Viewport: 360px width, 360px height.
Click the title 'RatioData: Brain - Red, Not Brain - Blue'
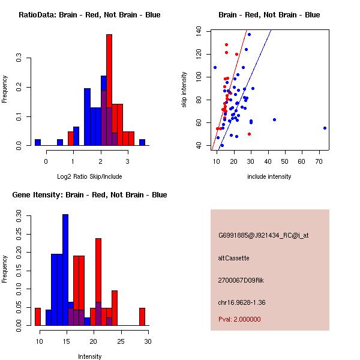(x=89, y=15)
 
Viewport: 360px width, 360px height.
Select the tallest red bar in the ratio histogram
(x=109, y=90)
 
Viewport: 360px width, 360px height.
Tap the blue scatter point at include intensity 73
(x=325, y=128)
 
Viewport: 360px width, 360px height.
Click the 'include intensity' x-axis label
(x=269, y=176)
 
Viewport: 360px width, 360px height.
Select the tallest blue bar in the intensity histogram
(x=65, y=270)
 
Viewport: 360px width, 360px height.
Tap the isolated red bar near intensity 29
(x=142, y=317)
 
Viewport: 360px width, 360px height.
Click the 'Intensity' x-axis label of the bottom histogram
(x=89, y=356)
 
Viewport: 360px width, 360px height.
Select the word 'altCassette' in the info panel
(x=233, y=258)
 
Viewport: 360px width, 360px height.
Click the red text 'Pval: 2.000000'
(x=239, y=319)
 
